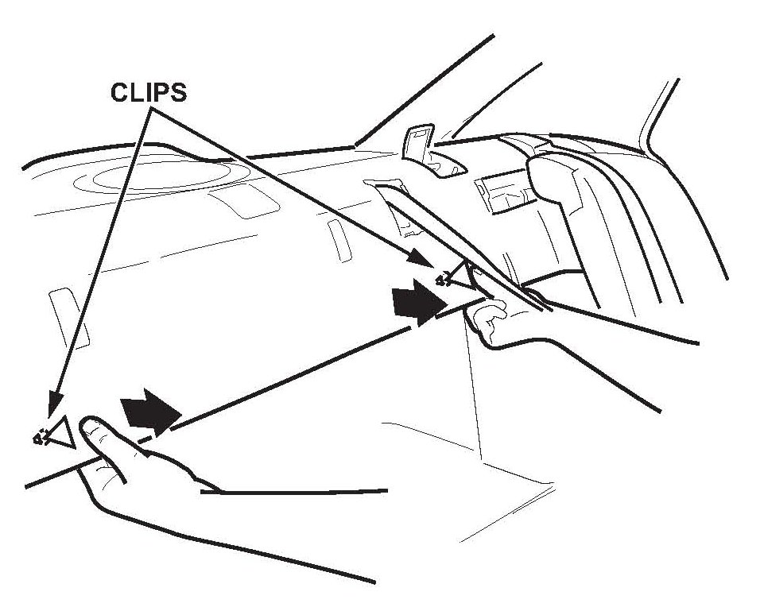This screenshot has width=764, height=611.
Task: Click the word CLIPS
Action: pos(148,93)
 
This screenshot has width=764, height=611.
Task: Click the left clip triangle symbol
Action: pos(61,432)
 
